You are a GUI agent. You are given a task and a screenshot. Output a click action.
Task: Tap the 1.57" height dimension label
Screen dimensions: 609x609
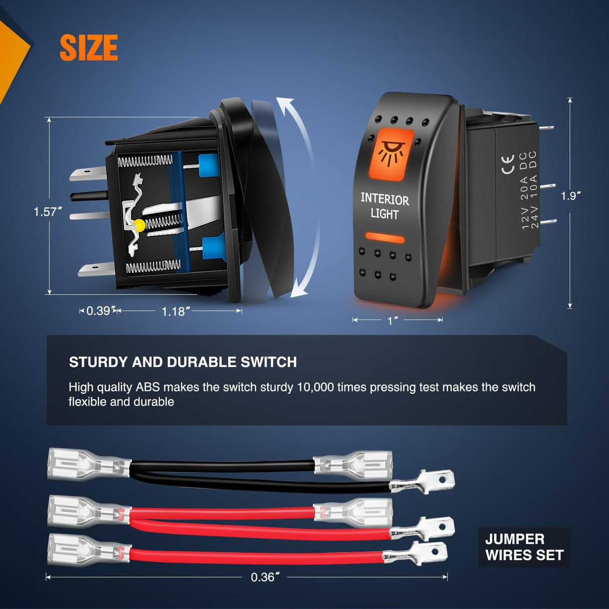coord(48,211)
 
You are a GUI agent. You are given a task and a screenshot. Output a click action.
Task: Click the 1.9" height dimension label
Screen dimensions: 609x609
coord(571,196)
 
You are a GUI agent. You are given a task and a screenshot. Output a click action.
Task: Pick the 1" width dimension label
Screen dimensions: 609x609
coord(392,321)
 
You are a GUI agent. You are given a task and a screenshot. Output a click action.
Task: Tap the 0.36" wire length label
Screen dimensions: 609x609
coord(265,577)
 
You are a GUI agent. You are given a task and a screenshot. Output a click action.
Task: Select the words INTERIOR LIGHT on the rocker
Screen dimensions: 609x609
coord(385,206)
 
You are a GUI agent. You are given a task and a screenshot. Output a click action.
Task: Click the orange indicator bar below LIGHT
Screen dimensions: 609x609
coord(385,238)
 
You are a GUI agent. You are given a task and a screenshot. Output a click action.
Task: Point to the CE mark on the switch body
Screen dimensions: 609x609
coord(508,164)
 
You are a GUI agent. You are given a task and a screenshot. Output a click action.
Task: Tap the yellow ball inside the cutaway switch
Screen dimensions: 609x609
coord(139,225)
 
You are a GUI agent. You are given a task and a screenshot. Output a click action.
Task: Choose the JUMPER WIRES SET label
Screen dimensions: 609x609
coord(524,547)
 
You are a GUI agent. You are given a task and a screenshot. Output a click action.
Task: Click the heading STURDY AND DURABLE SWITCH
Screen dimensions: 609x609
coord(183,362)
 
